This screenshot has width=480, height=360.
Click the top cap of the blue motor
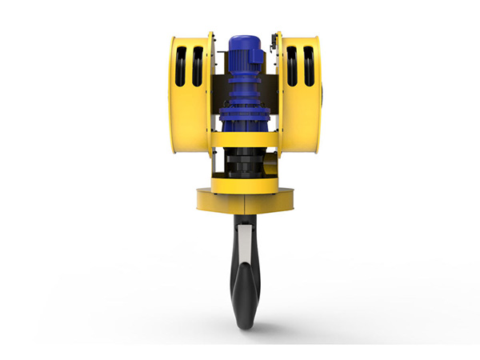[x=241, y=38]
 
